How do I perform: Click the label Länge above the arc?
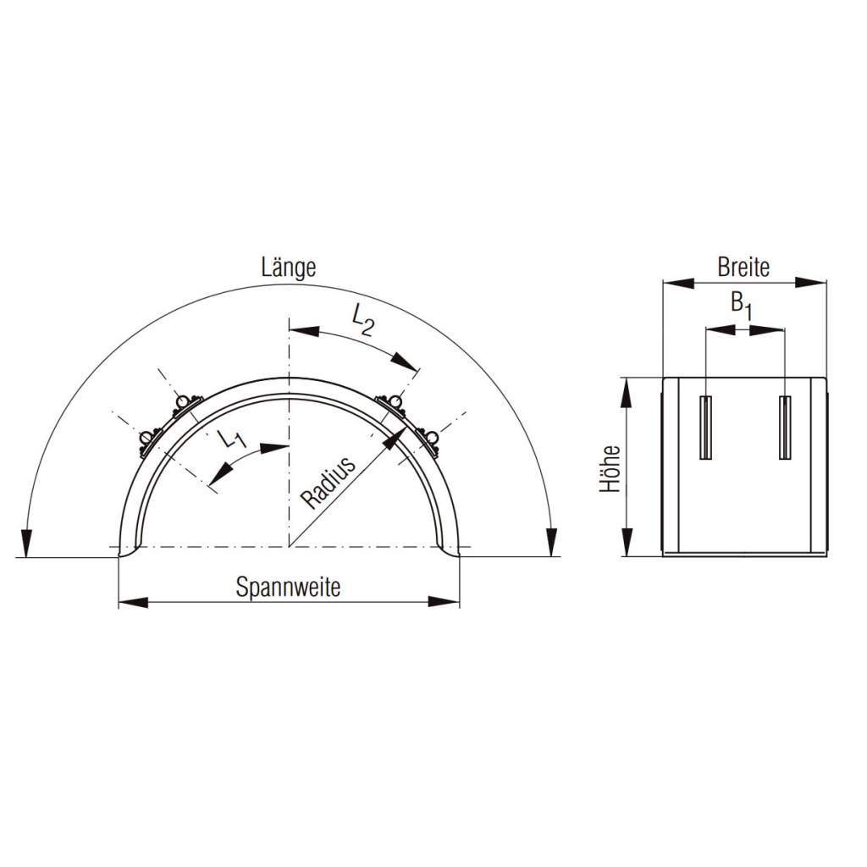[x=289, y=268]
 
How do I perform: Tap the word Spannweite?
[x=288, y=587]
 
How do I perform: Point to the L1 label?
[x=231, y=439]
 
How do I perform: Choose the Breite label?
[x=743, y=268]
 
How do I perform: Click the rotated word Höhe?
[x=610, y=468]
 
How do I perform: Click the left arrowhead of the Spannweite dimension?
[x=133, y=602]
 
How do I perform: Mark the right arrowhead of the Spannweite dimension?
[x=445, y=602]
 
